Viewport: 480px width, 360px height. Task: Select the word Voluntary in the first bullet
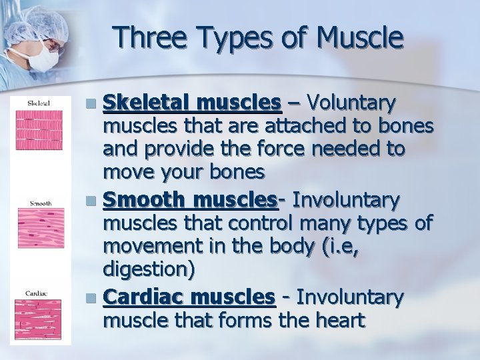click(x=353, y=103)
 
